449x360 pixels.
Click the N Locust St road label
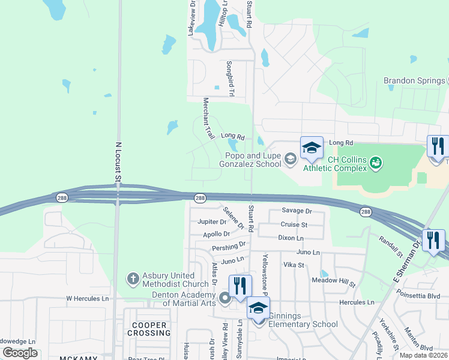pos(118,161)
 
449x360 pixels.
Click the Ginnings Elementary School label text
pos(303,320)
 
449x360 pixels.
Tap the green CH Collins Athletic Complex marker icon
pos(376,162)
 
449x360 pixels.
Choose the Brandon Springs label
pos(414,81)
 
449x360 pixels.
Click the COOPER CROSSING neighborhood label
pos(148,329)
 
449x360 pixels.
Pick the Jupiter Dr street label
pos(212,222)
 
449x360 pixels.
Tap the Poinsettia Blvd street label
pos(420,296)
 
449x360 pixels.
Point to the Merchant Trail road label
pos(208,119)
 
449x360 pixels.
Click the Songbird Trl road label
pos(229,79)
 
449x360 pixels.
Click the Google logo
pos(20,352)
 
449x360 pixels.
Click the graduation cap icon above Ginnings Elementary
pos(258,308)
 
